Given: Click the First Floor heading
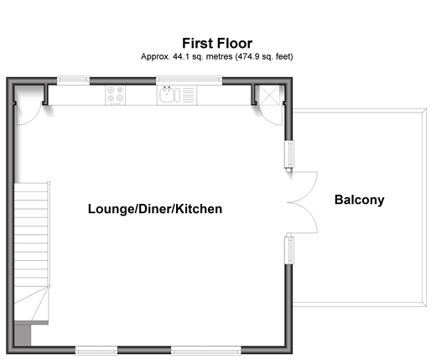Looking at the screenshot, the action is click(x=217, y=44).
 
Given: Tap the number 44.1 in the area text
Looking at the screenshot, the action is click(x=181, y=56).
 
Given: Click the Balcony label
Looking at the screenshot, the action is click(x=360, y=200).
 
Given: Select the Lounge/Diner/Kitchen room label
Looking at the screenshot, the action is click(x=155, y=209).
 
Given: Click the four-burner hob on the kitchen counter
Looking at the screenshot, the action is click(x=116, y=95).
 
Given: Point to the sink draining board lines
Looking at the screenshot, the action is click(x=188, y=95).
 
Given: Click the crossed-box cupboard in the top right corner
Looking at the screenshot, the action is click(x=269, y=95).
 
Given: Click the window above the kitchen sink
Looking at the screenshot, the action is click(x=189, y=81).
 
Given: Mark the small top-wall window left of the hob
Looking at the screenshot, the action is click(x=73, y=81).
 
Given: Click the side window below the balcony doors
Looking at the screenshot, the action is click(x=289, y=250).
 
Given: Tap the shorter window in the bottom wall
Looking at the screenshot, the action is click(x=96, y=350).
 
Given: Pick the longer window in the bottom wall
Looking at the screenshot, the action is click(x=206, y=350).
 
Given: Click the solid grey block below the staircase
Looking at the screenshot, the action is click(x=23, y=336).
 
